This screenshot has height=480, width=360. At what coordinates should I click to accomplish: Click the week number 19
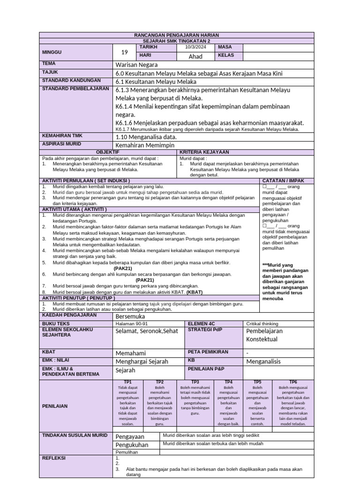tap(124, 52)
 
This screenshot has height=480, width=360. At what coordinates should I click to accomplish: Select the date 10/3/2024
tap(195, 47)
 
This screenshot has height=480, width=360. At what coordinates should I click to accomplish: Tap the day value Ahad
tap(195, 56)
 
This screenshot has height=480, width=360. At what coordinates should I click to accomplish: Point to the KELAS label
tap(225, 56)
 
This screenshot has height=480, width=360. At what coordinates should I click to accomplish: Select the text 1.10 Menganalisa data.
tap(146, 137)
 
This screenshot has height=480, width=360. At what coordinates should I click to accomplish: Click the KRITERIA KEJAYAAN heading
tap(202, 152)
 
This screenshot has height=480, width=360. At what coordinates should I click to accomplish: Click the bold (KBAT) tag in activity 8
tap(195, 292)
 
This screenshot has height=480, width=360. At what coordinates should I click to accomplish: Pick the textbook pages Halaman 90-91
tap(131, 323)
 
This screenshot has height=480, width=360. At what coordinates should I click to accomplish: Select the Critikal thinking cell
tap(262, 323)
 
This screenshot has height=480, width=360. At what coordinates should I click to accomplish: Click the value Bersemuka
tap(131, 316)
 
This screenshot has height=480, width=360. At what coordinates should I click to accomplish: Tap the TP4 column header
tap(229, 382)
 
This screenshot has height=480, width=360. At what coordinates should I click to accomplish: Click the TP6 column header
tap(293, 382)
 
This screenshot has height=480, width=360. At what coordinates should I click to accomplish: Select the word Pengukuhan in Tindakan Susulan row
tap(132, 445)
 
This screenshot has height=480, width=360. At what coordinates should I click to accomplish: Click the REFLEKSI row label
tap(54, 457)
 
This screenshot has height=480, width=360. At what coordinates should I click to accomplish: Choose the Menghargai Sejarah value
tap(142, 361)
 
